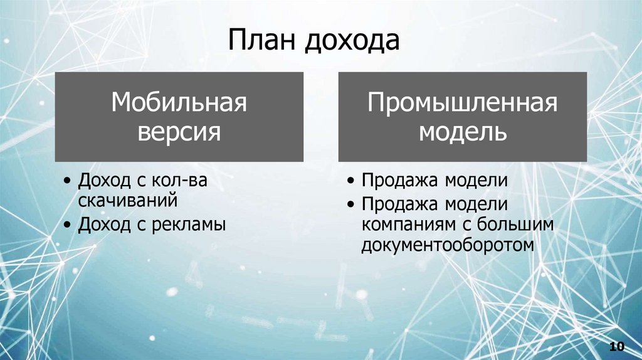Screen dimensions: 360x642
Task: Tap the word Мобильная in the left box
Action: click(179, 103)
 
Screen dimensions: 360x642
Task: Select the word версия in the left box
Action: click(179, 132)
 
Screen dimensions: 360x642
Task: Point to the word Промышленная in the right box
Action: click(463, 103)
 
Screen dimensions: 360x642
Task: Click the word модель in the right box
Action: click(463, 132)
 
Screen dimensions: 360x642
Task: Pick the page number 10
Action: click(617, 347)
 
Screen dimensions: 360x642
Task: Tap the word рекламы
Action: click(189, 223)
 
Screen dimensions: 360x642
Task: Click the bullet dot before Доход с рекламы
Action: click(67, 225)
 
